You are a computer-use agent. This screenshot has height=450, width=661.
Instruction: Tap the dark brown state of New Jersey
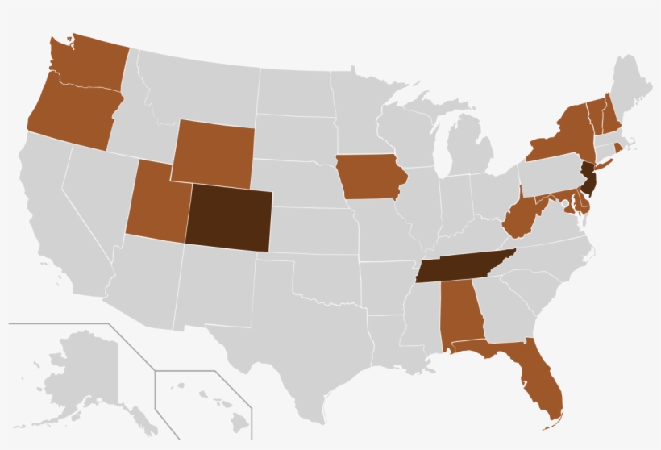pyautogui.click(x=589, y=179)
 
